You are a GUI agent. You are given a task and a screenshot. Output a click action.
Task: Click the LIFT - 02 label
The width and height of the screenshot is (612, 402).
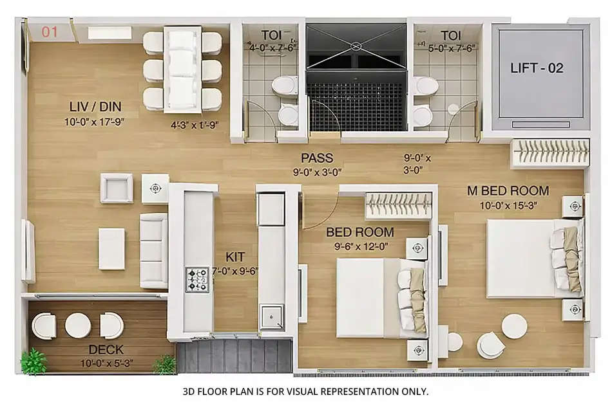click(x=537, y=68)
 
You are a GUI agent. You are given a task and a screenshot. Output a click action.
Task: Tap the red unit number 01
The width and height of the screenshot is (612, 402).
click(x=50, y=31)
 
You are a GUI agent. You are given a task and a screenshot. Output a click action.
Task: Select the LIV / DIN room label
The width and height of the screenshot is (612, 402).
click(x=95, y=106)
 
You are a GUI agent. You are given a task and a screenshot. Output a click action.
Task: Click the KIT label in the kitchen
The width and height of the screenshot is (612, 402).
click(x=234, y=257)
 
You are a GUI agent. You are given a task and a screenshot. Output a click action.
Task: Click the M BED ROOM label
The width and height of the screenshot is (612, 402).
click(x=508, y=190)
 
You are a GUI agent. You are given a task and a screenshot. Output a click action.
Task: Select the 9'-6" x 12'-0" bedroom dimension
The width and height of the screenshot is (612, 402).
click(x=360, y=245)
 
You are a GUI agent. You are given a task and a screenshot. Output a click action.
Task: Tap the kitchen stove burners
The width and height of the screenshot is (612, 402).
click(x=196, y=279)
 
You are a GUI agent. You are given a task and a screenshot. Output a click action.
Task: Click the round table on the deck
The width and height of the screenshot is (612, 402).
click(x=78, y=325)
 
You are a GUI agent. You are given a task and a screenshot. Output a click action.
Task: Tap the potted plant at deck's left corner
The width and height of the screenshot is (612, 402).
click(x=33, y=362)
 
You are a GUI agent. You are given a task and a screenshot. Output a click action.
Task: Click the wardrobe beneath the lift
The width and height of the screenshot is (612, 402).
click(x=550, y=152)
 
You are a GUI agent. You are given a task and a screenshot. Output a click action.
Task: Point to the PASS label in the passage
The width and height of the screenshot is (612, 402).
click(x=316, y=158)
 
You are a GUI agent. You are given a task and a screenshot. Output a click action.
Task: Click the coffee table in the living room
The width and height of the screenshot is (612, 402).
click(x=111, y=249)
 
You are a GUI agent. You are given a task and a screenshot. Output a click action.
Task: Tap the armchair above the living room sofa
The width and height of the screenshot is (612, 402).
click(x=117, y=188)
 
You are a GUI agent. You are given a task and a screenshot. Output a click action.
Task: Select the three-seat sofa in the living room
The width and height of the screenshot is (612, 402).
click(x=153, y=251)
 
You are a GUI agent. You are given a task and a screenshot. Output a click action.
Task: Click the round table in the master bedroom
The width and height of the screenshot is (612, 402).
click(x=514, y=326)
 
